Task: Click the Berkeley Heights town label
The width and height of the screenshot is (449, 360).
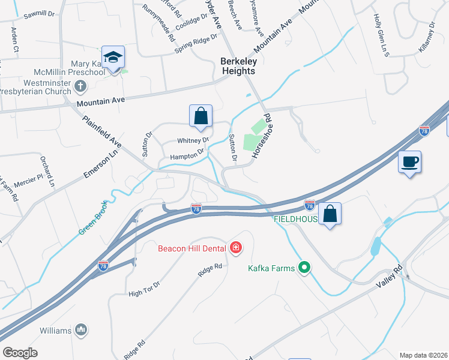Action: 238,66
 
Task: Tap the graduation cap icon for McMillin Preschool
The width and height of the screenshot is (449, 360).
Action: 113,58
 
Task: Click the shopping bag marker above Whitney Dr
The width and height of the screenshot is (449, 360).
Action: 200,116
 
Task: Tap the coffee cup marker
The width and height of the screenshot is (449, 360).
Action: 409,162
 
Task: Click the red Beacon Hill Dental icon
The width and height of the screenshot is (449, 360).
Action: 236,247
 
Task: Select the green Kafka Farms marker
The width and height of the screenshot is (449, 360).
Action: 305,268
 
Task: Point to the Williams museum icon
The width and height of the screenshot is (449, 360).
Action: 81,329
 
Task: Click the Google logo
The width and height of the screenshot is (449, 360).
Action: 20,353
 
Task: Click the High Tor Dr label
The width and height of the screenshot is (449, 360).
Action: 144,289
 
